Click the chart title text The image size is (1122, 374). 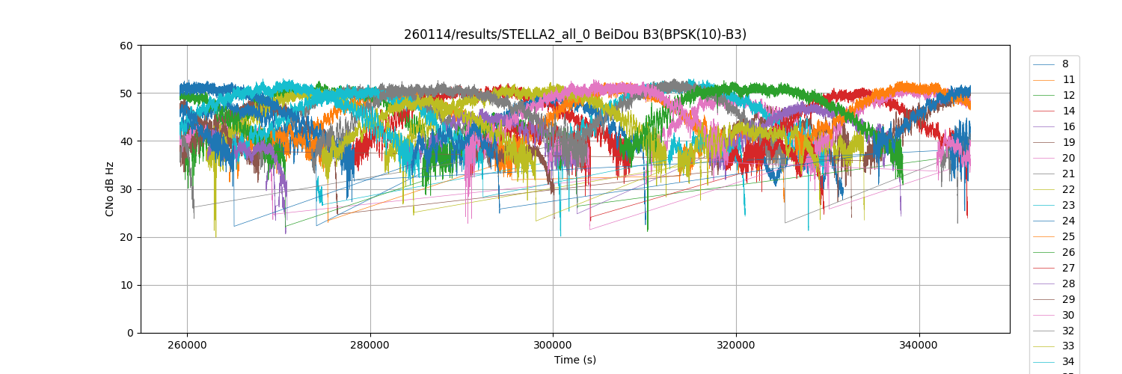point(574,34)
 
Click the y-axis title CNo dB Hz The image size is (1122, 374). point(110,189)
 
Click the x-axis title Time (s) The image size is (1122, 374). point(574,360)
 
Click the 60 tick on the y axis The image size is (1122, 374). point(126,46)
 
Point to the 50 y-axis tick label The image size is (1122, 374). point(126,93)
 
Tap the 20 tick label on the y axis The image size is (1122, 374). point(126,237)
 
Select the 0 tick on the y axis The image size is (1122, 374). point(129,333)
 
